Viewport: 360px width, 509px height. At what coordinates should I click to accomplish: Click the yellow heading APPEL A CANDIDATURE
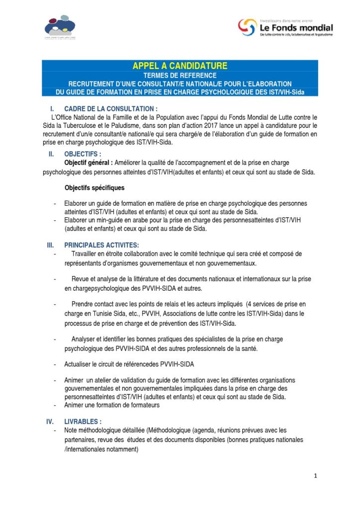180,66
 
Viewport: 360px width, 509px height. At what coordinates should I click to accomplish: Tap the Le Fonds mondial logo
285,28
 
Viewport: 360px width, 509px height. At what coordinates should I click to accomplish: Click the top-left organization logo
60,27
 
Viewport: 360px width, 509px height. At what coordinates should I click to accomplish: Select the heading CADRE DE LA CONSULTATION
110,109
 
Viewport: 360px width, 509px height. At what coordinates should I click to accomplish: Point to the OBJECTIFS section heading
83,154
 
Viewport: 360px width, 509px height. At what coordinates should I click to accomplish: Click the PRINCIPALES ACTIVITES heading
101,245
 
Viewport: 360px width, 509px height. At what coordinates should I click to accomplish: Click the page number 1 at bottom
315,476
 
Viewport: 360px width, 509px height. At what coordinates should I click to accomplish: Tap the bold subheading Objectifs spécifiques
94,188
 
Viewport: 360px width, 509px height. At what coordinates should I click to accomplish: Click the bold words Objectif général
87,163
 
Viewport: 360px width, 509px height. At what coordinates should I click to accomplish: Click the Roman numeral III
50,245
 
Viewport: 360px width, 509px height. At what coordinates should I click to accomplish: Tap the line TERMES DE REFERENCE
180,75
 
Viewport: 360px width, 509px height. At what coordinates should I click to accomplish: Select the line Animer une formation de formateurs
112,405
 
